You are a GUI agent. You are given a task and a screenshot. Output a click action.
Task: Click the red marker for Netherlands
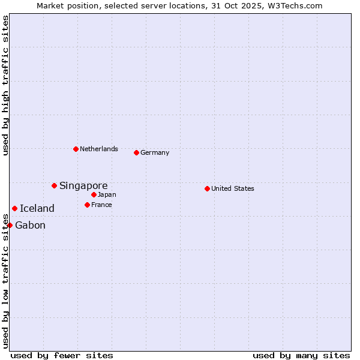point(76,149)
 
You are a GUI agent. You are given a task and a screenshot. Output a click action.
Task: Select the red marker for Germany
point(136,152)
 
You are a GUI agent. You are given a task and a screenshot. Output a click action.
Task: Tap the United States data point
point(207,188)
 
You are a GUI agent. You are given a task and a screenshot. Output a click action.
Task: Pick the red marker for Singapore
point(54,185)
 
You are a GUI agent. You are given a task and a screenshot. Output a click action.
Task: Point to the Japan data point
point(94,194)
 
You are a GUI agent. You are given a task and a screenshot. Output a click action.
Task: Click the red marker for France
point(87,205)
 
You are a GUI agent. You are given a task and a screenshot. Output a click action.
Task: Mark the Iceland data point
point(14,208)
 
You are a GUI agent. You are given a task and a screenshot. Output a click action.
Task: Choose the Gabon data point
point(10,225)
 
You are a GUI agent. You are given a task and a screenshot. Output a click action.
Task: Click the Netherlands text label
point(99,149)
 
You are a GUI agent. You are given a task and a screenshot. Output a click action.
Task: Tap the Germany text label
point(155,152)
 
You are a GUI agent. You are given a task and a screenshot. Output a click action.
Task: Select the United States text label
point(233,188)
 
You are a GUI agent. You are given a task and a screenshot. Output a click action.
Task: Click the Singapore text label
point(83,186)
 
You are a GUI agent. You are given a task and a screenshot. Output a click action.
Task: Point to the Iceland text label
point(37,209)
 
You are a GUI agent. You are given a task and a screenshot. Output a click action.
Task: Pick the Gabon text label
point(30,226)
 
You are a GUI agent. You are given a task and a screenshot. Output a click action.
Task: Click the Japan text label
point(107,194)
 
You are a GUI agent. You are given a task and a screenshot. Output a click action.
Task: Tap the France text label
point(101,205)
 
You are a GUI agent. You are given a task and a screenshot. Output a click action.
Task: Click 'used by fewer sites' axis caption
point(62,355)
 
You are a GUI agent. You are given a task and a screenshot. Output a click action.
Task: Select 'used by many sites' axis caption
point(301,355)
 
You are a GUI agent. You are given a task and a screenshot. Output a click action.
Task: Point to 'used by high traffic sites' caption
point(5,86)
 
